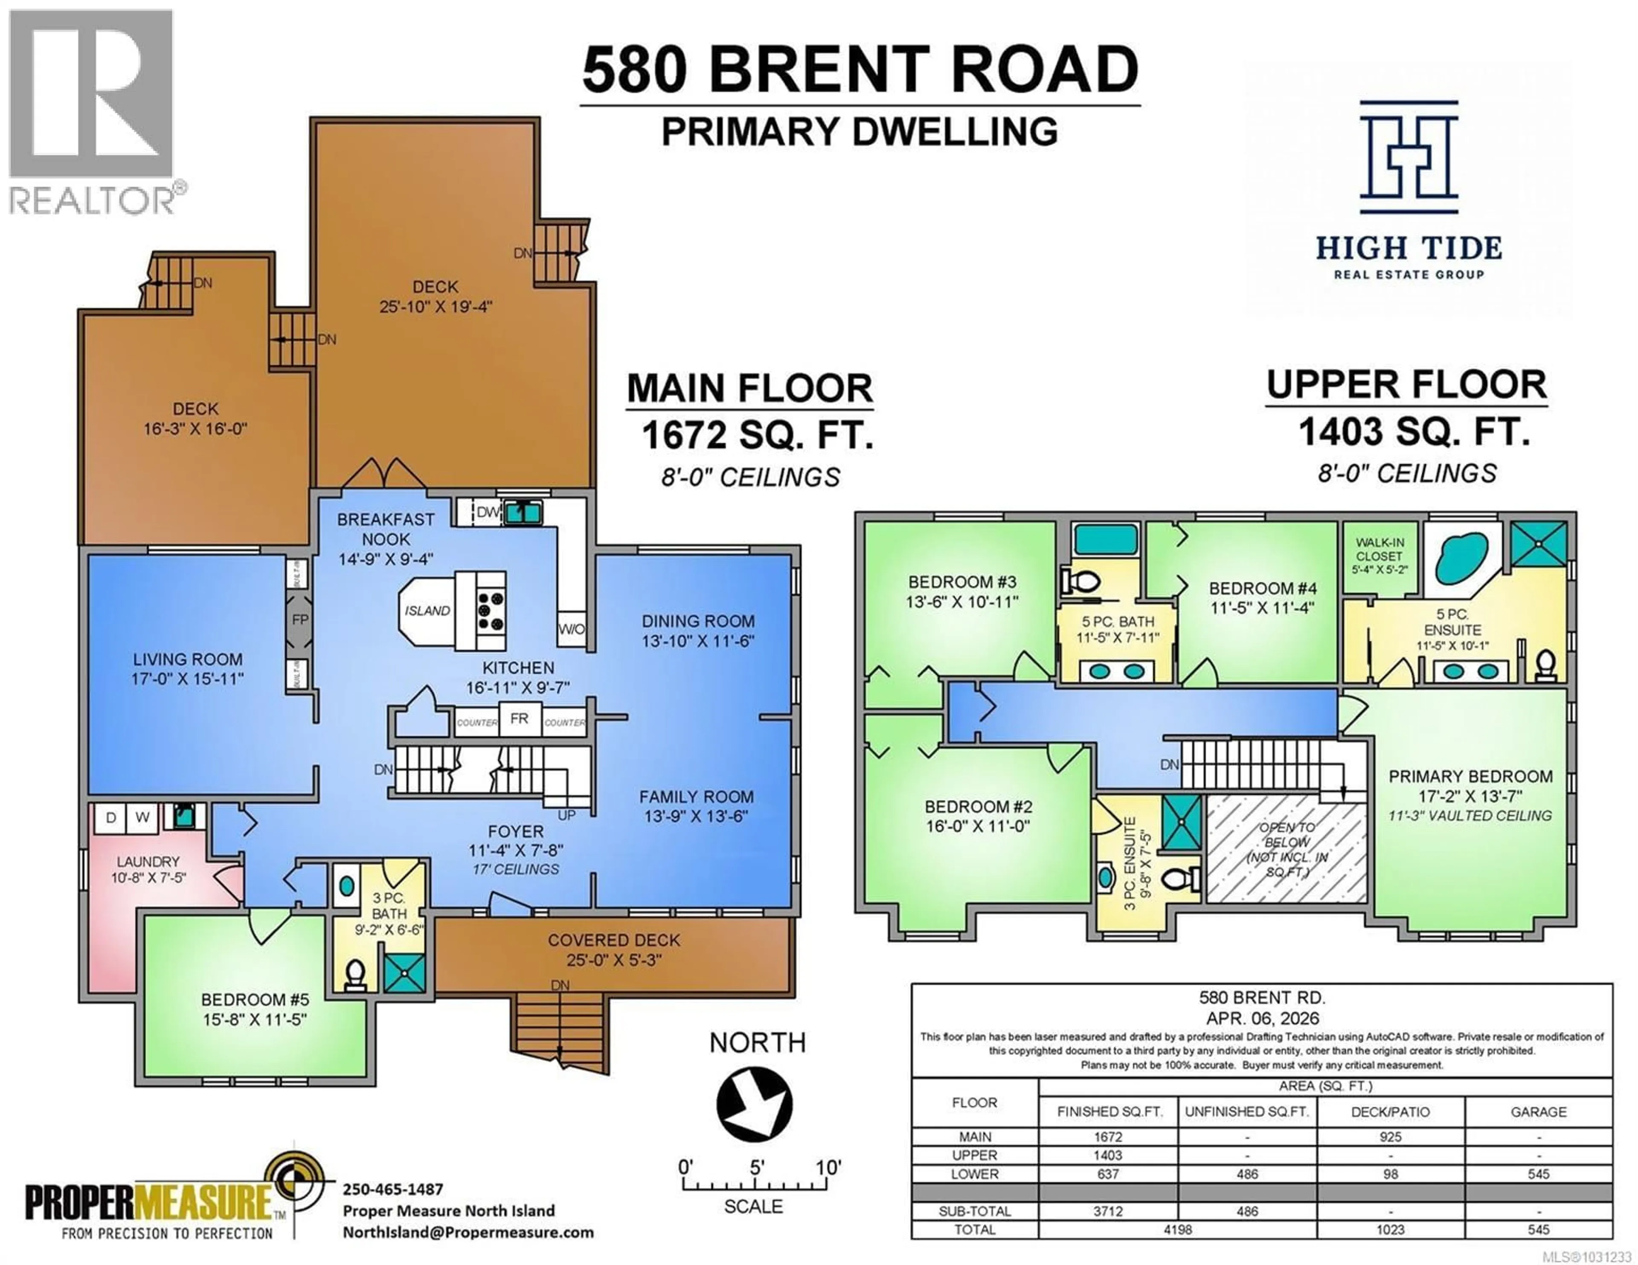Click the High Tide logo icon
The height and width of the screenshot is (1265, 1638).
pos(1409,157)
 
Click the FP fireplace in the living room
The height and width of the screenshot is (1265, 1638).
pos(299,620)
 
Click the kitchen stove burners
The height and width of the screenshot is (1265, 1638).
pos(491,611)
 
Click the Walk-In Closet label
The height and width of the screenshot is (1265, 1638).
pos(1379,556)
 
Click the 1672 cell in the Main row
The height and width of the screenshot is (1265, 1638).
pos(1108,1137)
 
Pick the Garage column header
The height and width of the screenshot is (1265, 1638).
pos(1538,1111)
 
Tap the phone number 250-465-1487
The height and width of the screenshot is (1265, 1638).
pos(392,1189)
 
